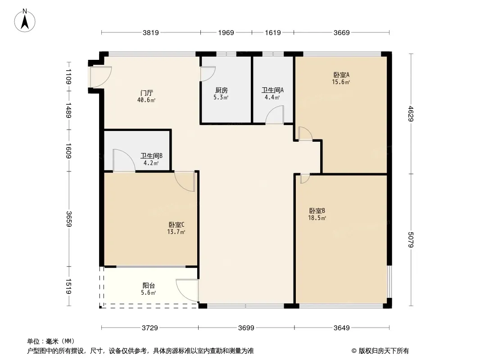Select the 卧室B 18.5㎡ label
(317, 214)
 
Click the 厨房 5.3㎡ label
(221, 93)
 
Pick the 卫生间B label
(151, 159)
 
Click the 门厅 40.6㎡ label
(147, 96)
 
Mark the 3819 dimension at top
(151, 32)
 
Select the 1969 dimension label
(226, 32)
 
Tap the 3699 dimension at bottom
(246, 328)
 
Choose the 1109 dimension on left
(68, 76)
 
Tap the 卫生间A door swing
(275, 115)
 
